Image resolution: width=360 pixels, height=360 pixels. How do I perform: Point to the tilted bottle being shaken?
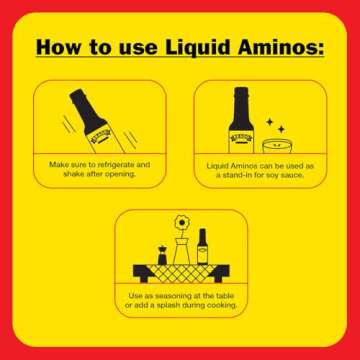tap(92, 118)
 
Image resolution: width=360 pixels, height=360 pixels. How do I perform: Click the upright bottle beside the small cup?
tap(239, 121)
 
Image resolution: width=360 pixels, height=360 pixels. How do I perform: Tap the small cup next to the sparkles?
tap(275, 146)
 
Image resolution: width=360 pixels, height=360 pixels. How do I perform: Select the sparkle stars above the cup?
tap(279, 127)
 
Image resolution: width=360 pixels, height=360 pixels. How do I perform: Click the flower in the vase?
tap(181, 222)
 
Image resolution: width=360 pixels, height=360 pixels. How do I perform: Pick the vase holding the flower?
tap(181, 250)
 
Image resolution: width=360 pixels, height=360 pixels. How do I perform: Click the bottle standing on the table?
tap(202, 246)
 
